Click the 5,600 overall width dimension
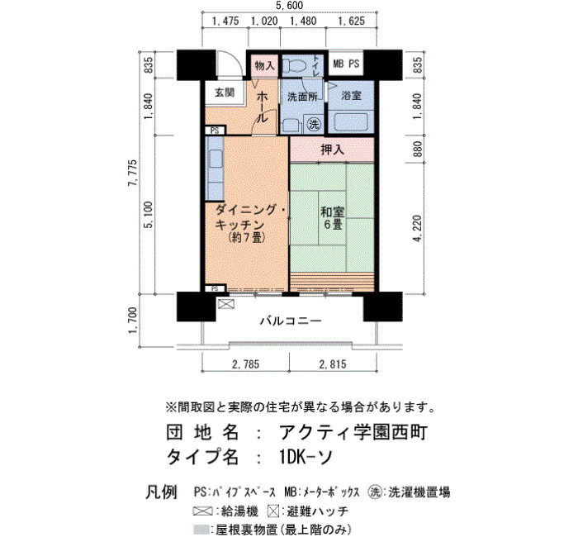click(289, 6)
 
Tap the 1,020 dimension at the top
click(264, 21)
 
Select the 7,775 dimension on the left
click(133, 173)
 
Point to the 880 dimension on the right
click(417, 149)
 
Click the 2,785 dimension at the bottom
click(245, 364)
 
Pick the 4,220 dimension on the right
click(417, 229)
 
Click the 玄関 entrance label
click(225, 93)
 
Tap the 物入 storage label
click(265, 65)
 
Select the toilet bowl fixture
click(295, 66)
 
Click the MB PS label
click(346, 64)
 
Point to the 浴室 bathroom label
click(351, 96)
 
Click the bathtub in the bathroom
click(351, 121)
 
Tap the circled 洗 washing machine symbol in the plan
click(314, 124)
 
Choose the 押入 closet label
click(332, 150)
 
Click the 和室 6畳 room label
click(333, 218)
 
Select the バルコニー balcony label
click(291, 321)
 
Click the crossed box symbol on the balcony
click(226, 304)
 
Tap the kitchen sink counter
click(215, 169)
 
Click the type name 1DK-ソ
click(306, 458)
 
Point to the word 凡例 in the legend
click(162, 492)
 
